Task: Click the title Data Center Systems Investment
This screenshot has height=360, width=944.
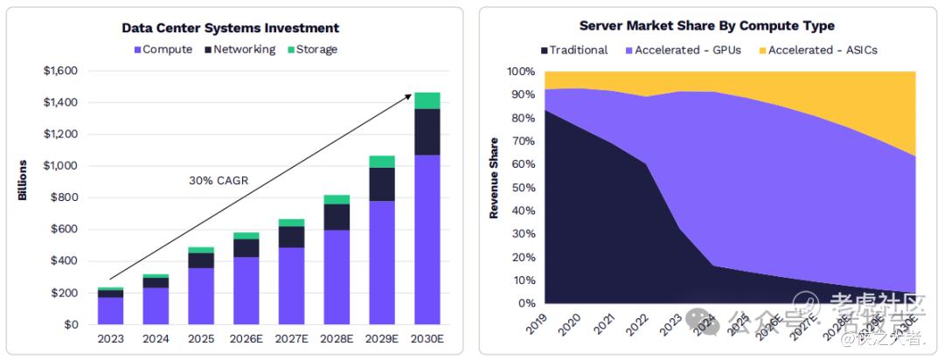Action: click(x=230, y=28)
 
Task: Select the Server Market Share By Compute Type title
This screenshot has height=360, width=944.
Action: click(x=706, y=26)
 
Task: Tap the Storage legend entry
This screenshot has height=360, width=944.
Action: click(x=311, y=50)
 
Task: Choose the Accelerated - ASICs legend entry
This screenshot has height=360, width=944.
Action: click(x=816, y=50)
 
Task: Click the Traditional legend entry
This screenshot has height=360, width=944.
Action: click(x=574, y=50)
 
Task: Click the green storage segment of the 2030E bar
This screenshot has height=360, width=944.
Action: click(x=427, y=100)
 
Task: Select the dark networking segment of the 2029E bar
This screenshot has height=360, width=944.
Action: click(x=381, y=184)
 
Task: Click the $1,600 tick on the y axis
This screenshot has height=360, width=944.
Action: click(x=60, y=71)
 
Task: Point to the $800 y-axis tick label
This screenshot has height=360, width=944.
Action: click(x=64, y=197)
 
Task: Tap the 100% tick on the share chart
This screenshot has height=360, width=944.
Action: click(x=521, y=72)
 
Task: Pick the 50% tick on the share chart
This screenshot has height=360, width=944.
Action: click(x=524, y=188)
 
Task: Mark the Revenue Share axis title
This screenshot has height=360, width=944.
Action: click(x=494, y=177)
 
